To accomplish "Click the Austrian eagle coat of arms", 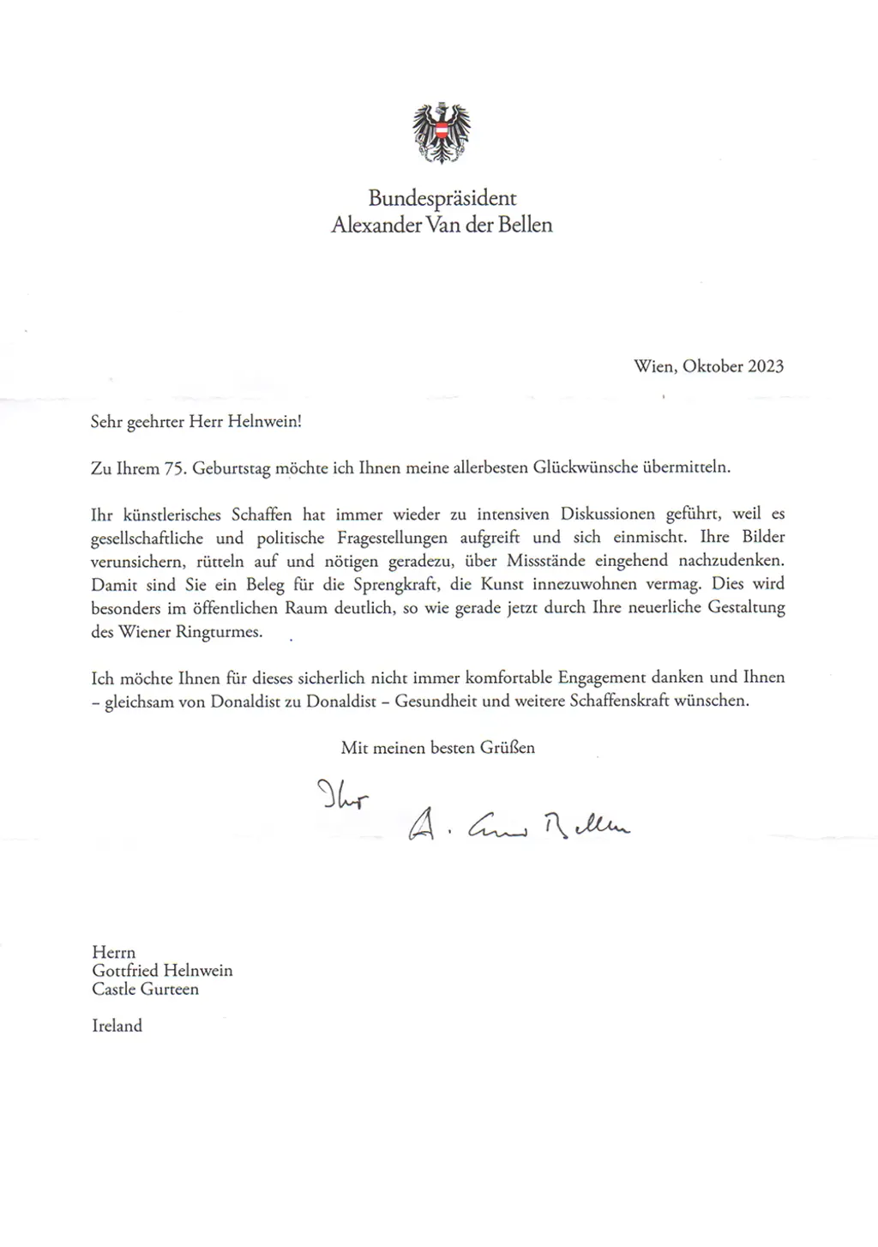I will [442, 133].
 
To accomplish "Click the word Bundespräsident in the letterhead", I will [442, 198].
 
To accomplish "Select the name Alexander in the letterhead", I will [376, 226].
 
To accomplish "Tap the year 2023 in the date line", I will [766, 366].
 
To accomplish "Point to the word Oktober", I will [713, 366].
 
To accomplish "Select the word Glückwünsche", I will [586, 467].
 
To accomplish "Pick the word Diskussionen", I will [608, 515].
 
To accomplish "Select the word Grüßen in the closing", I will [508, 748].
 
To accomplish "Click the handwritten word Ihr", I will [342, 797].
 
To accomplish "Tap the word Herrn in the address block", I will [113, 952].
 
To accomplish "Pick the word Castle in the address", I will [114, 989].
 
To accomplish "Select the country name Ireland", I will [117, 1026].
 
